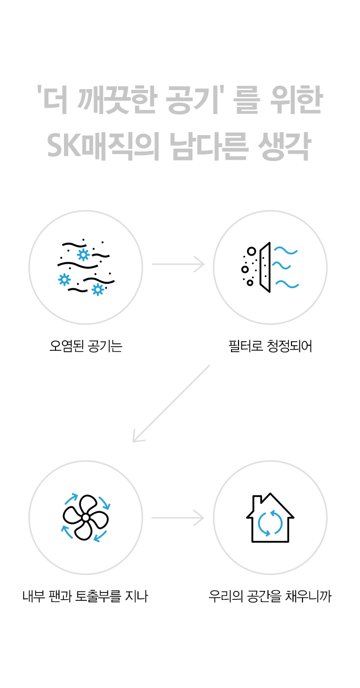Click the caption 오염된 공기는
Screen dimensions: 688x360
[86, 346]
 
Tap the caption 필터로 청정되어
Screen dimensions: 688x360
[270, 346]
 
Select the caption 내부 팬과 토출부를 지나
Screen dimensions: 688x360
[85, 596]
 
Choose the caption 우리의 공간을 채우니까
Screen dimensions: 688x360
[270, 596]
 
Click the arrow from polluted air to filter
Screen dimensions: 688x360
[178, 264]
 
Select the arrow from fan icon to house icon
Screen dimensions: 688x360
[178, 517]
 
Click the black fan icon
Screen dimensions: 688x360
[85, 517]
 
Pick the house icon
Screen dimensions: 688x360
[270, 518]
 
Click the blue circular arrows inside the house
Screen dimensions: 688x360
[270, 523]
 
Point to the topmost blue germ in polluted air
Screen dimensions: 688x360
[83, 255]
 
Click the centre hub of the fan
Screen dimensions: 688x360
[85, 517]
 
